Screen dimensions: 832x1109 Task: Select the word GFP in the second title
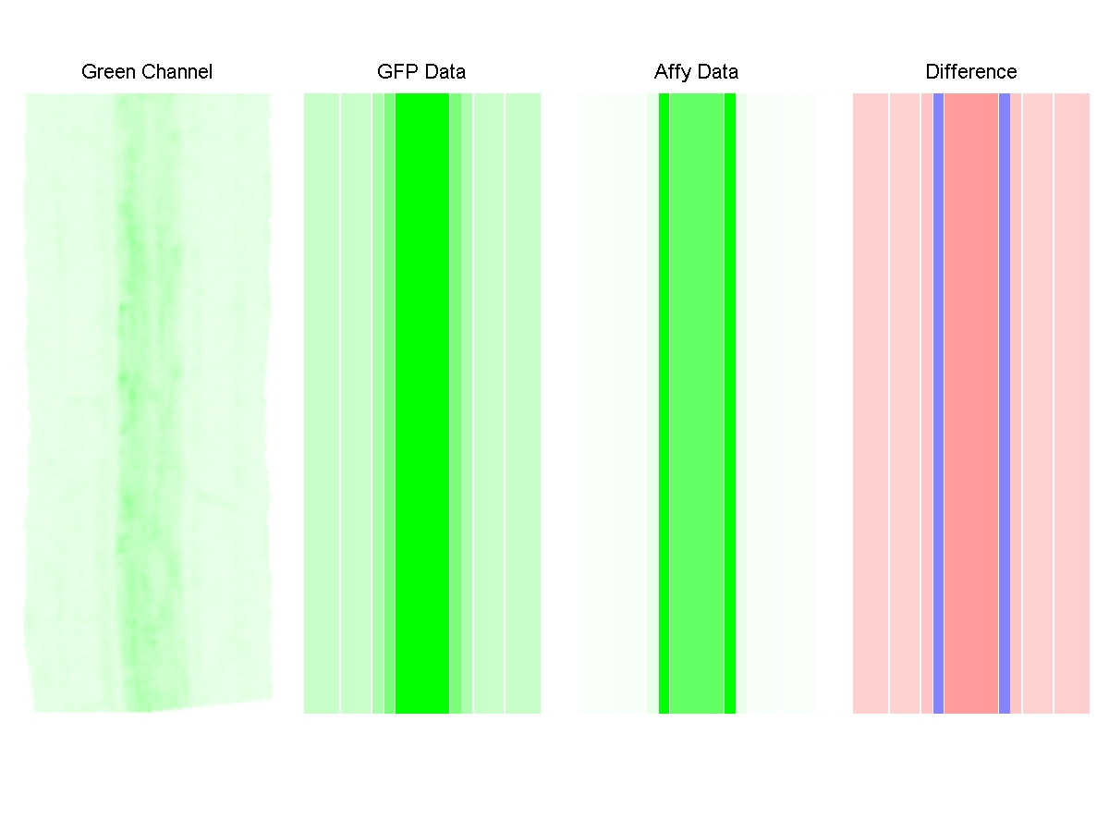click(396, 72)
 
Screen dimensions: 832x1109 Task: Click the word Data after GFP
click(444, 72)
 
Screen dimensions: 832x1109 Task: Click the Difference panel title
click(970, 72)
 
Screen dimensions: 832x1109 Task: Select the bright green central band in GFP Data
click(422, 403)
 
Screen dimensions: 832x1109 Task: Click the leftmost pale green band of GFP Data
click(322, 403)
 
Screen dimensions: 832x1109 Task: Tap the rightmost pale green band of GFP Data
click(523, 403)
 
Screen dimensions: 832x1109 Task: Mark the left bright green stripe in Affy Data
click(664, 403)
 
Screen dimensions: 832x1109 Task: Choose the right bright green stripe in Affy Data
click(730, 403)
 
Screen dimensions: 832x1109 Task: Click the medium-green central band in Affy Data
click(697, 403)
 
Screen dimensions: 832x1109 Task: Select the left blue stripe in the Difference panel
click(938, 403)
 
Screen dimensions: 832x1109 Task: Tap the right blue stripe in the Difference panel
click(1005, 403)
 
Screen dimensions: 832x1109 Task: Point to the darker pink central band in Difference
click(971, 403)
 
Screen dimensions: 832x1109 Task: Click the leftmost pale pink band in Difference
click(871, 403)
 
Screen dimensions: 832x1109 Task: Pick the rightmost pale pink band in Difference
click(1072, 403)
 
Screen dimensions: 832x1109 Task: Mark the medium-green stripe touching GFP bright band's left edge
click(390, 403)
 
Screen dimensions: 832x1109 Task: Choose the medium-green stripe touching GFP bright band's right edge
click(456, 403)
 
